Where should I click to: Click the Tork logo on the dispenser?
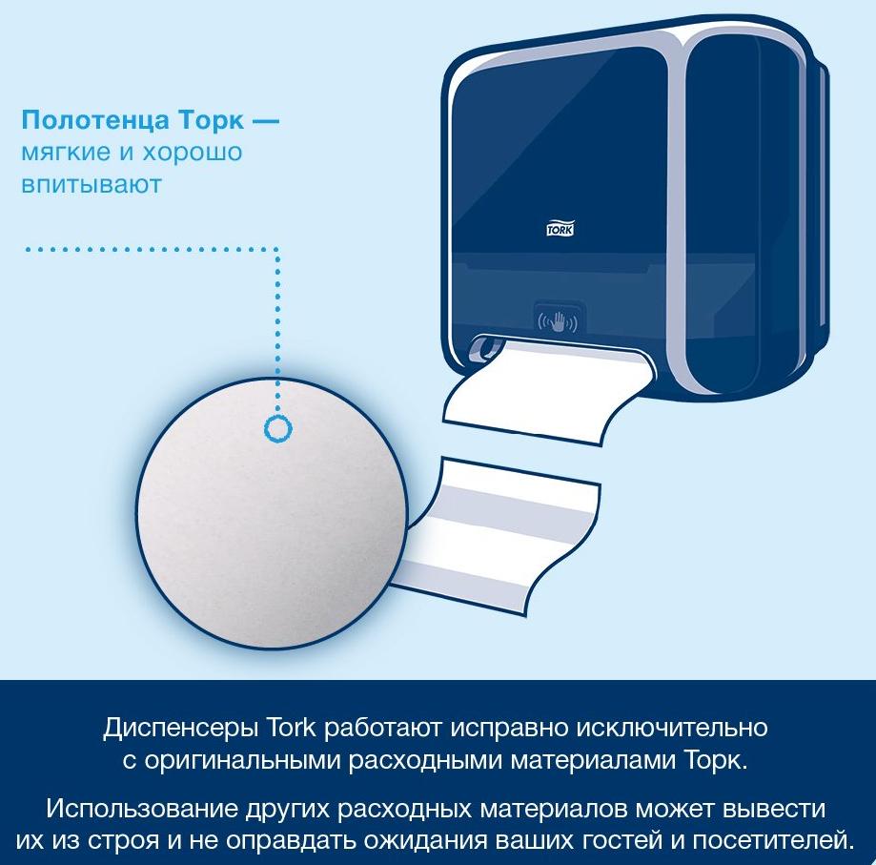click(x=560, y=229)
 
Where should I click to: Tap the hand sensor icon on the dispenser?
click(x=557, y=321)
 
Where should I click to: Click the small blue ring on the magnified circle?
click(x=277, y=429)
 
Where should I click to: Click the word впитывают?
click(x=92, y=184)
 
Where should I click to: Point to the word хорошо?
click(x=192, y=153)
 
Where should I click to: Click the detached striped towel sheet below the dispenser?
click(x=498, y=535)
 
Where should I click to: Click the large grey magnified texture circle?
click(x=271, y=514)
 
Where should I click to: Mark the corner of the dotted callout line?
click(x=277, y=249)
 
